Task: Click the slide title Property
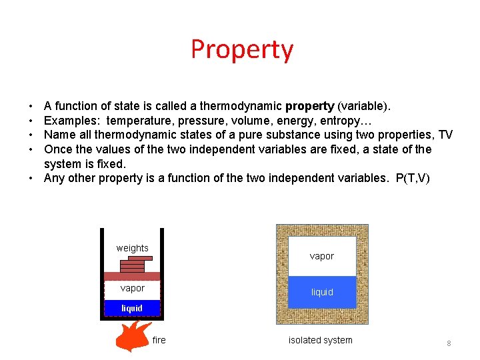tap(241, 50)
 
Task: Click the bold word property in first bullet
tap(310, 106)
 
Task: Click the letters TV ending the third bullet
tap(445, 135)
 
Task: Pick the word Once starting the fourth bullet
tap(57, 149)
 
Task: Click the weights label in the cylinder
tap(132, 248)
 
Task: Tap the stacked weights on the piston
tap(133, 264)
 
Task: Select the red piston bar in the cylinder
tap(132, 276)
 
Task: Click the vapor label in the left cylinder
tap(132, 289)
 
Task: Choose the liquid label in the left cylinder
tap(132, 308)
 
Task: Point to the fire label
tap(159, 340)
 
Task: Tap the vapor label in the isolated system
tap(321, 256)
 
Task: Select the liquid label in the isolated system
tap(322, 293)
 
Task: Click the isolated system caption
tap(320, 341)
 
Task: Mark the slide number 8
tap(449, 343)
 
